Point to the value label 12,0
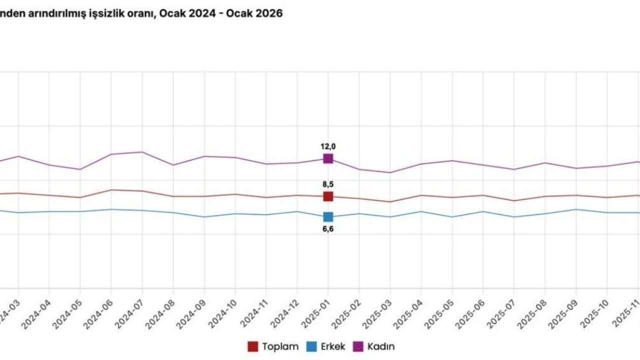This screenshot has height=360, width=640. coord(328,146)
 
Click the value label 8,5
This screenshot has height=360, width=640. coord(328,184)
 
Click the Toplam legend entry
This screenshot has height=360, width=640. coord(274,346)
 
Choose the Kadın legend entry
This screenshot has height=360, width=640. coord(375,346)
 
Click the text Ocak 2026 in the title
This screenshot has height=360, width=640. coord(254,13)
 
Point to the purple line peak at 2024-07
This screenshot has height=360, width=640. coord(142,152)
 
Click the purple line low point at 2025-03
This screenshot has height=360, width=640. coord(390,172)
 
